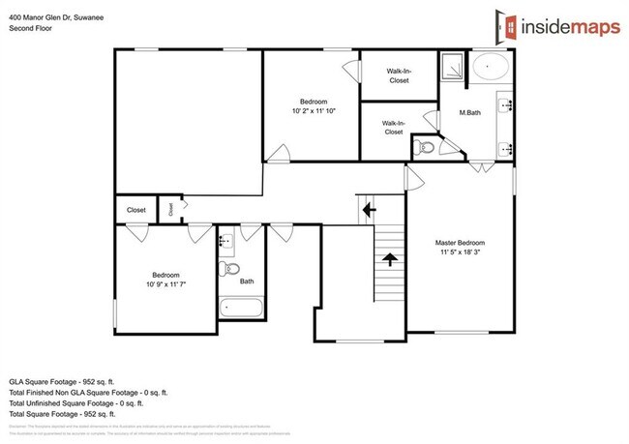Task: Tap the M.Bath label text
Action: pos(471,113)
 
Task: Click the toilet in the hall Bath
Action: pos(226,268)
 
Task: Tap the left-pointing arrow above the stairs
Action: pos(368,209)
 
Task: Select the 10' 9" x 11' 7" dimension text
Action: pos(163,284)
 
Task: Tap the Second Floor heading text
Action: pos(29,29)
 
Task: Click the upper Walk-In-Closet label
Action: pos(399,75)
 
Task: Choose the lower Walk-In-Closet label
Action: pos(393,127)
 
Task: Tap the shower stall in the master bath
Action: pos(452,66)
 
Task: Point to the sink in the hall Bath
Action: pos(225,239)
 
